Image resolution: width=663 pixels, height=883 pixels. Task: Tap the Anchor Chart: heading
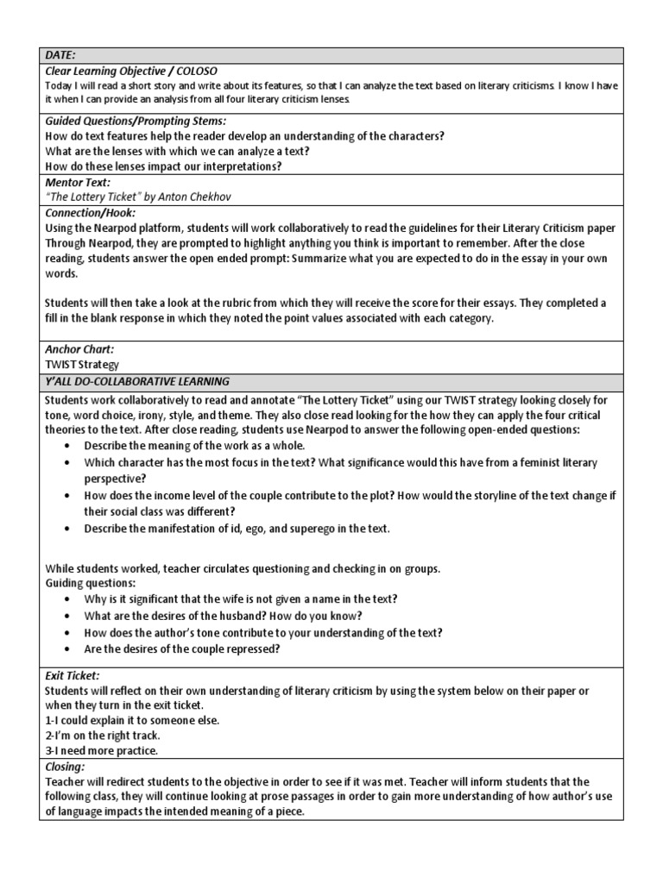coord(79,349)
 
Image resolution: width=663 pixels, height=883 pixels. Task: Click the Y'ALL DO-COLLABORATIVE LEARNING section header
coord(137,380)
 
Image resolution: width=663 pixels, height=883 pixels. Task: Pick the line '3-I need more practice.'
coord(99,750)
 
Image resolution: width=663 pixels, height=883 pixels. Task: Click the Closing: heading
coord(65,765)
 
